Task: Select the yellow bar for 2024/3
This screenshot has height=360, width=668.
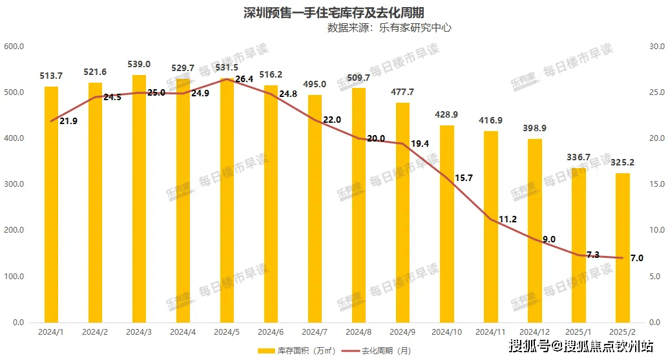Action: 139,200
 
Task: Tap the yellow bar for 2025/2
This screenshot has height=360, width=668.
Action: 622,249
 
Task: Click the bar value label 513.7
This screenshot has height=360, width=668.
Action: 51,76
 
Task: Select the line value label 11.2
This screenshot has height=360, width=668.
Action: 508,219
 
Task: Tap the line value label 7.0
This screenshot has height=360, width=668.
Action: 636,258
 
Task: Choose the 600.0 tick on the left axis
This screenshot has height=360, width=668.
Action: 14,47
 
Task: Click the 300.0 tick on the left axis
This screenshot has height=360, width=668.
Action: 14,185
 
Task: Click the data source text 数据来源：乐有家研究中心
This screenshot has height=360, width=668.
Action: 389,28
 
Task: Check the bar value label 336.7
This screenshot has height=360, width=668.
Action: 579,157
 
